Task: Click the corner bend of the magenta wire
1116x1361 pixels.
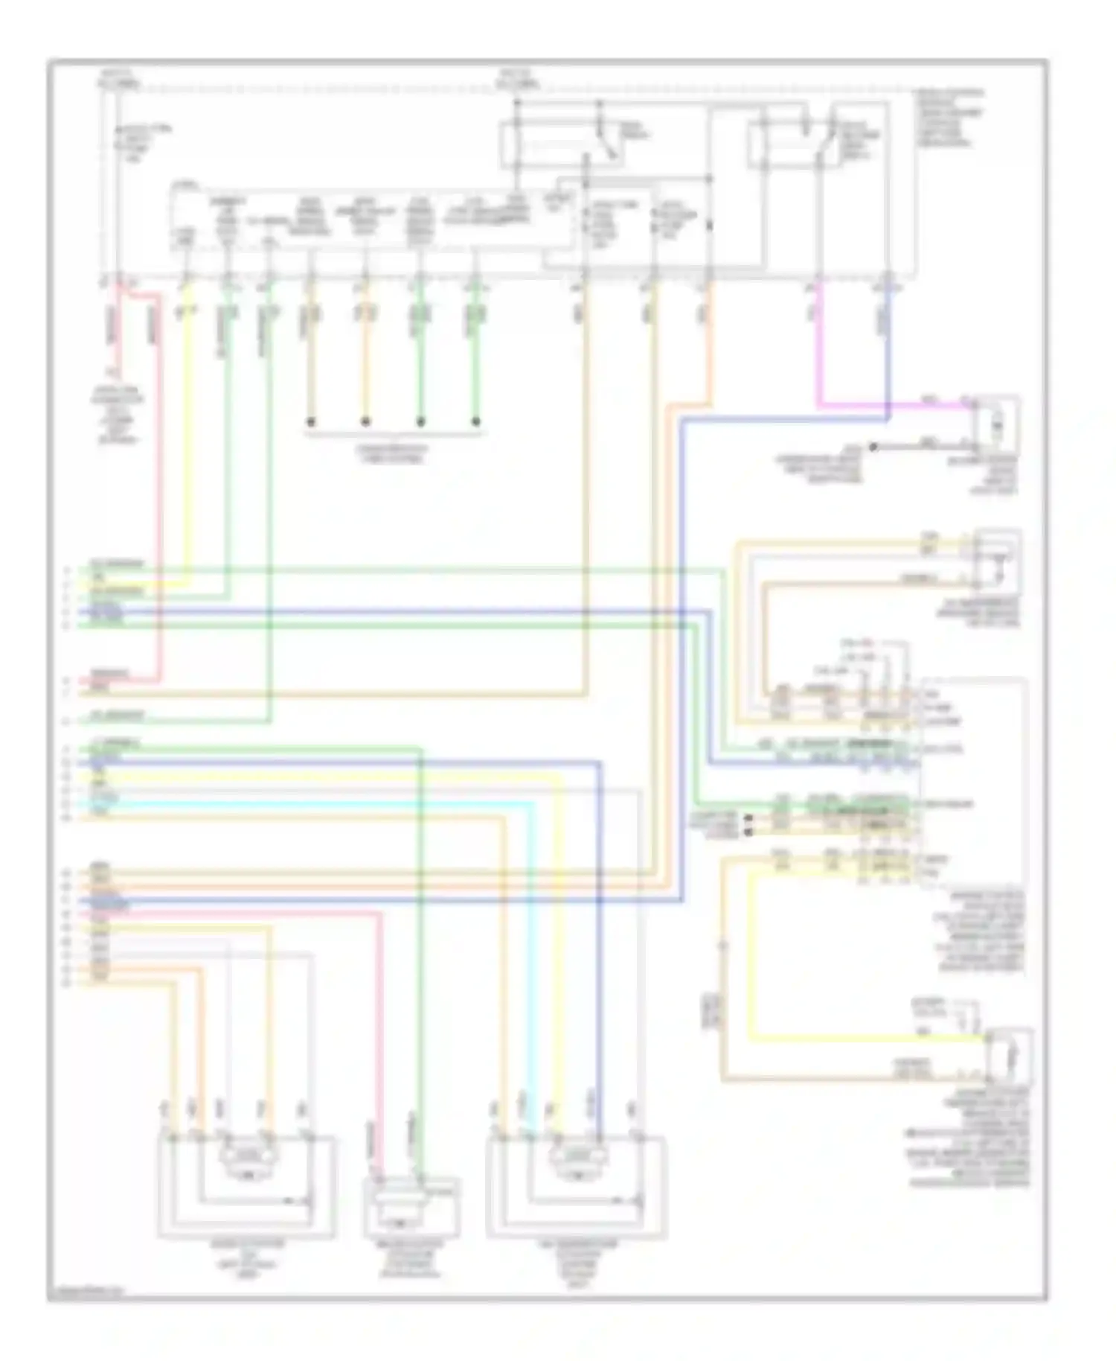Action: tap(819, 407)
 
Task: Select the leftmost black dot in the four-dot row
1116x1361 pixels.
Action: tap(311, 422)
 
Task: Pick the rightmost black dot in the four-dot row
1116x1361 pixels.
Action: tap(476, 422)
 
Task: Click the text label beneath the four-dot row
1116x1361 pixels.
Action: tap(394, 453)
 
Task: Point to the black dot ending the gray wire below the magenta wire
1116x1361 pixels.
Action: tap(873, 447)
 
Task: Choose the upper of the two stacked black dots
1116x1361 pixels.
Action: tap(748, 817)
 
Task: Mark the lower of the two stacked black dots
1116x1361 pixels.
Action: tap(748, 828)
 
